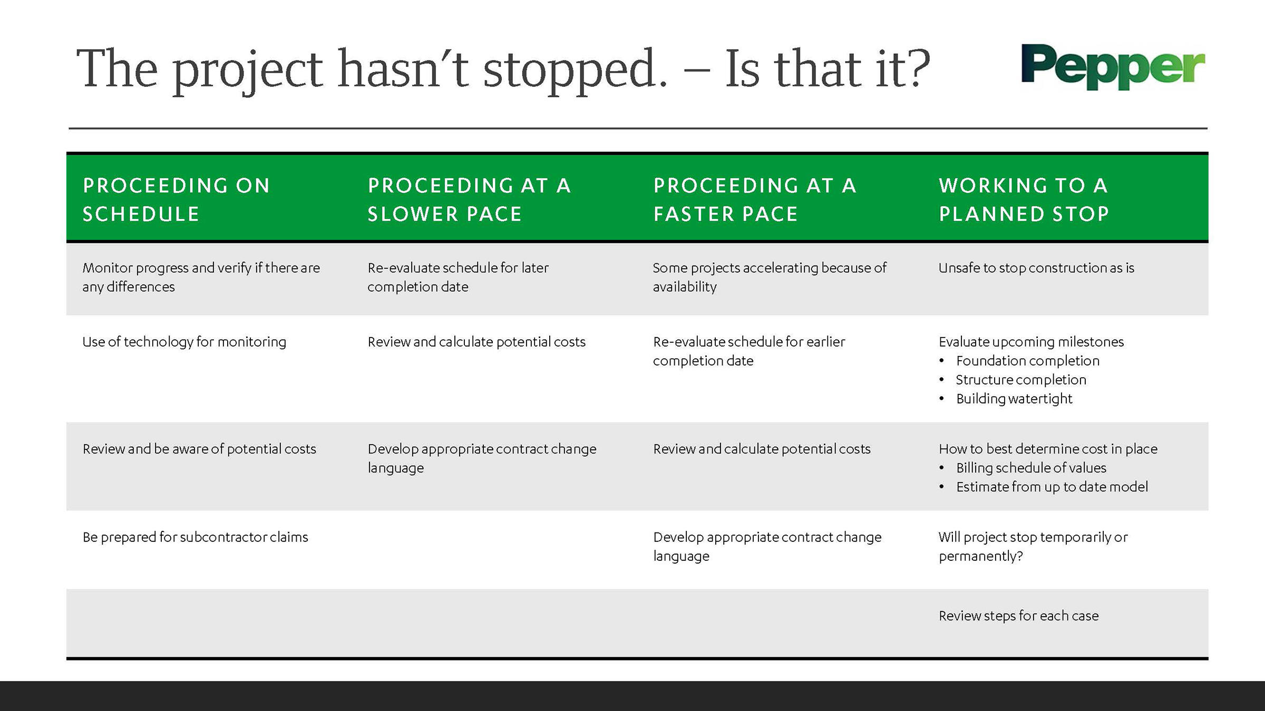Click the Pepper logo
(1113, 66)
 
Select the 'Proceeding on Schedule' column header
(176, 200)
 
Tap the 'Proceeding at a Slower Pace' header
(469, 200)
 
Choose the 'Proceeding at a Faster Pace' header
(755, 200)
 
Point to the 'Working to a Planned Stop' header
(1024, 200)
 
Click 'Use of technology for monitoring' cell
(184, 342)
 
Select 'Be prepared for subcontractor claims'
(195, 537)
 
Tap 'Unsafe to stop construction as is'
(1036, 268)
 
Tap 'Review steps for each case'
(1018, 616)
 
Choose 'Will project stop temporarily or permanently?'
(1033, 547)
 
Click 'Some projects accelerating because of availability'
(770, 277)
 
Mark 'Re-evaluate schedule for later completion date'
(458, 277)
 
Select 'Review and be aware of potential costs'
(199, 449)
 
